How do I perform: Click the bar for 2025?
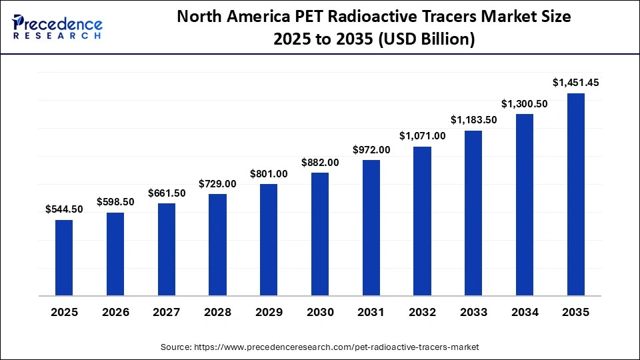point(64,257)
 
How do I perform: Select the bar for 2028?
point(217,245)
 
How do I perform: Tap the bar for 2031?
point(371,227)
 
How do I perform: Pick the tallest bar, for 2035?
point(576,194)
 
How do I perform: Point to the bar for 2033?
point(473,213)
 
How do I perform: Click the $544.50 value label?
point(64,209)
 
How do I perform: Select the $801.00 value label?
point(269,173)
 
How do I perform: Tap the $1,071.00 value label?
point(422,136)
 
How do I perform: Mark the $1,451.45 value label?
point(576,83)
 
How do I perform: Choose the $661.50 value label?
point(167,193)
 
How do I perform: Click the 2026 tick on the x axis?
point(115,312)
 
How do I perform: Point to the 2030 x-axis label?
point(320,312)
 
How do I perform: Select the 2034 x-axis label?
point(525,312)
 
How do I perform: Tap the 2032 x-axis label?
point(422,312)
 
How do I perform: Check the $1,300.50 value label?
point(525,103)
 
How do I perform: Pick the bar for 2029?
point(269,239)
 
